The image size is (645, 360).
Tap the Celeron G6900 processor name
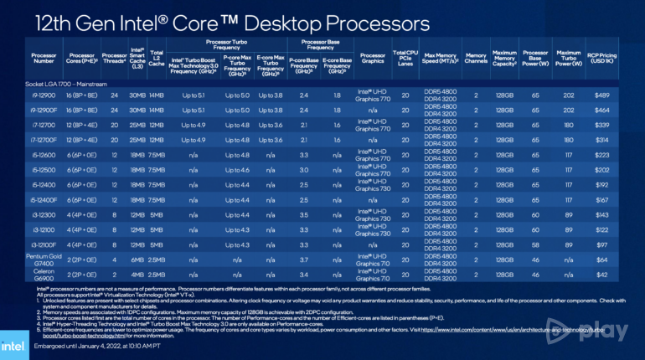click(x=47, y=274)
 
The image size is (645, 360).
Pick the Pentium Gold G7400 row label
click(x=47, y=259)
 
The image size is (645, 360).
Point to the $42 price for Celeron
click(x=601, y=274)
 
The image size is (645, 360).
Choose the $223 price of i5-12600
click(x=601, y=156)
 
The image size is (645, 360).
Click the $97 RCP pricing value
click(x=601, y=244)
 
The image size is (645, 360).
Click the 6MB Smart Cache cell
click(x=139, y=259)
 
